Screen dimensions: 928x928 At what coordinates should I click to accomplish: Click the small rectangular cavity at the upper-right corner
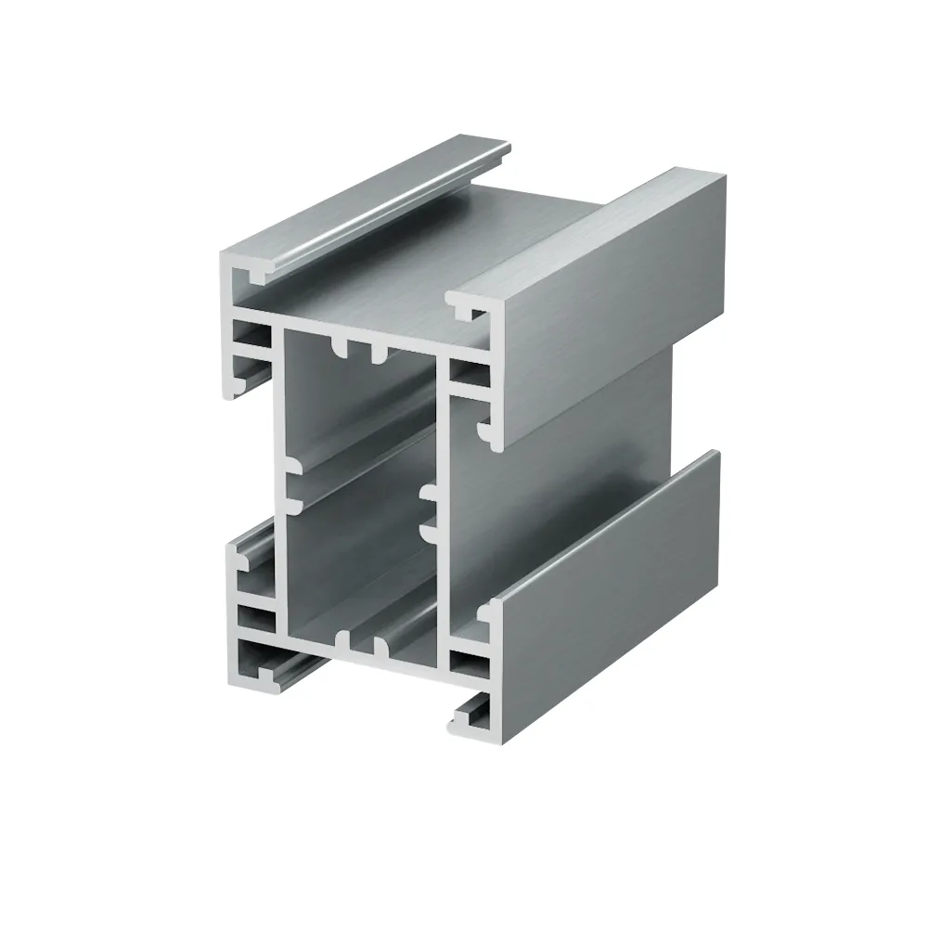pyautogui.click(x=468, y=374)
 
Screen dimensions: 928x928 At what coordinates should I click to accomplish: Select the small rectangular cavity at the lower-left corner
pyautogui.click(x=256, y=619)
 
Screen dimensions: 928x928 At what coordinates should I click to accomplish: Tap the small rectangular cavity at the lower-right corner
pyautogui.click(x=468, y=662)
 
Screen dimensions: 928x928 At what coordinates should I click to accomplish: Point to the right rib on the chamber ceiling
pyautogui.click(x=379, y=354)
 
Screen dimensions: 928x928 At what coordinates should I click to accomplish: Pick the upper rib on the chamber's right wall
pyautogui.click(x=429, y=491)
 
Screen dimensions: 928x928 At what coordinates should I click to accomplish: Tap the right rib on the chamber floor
pyautogui.click(x=379, y=645)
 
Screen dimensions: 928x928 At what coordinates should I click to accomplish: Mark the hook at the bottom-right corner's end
pyautogui.click(x=473, y=710)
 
